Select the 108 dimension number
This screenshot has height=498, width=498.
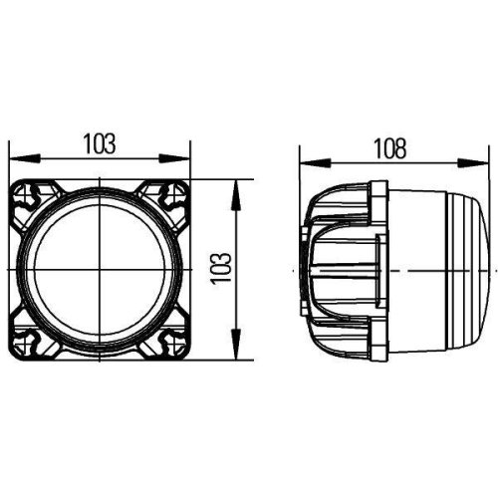click(391, 148)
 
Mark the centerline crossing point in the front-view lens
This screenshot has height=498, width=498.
click(100, 268)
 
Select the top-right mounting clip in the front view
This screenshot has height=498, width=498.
click(162, 194)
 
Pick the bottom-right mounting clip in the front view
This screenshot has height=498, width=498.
click(162, 341)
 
